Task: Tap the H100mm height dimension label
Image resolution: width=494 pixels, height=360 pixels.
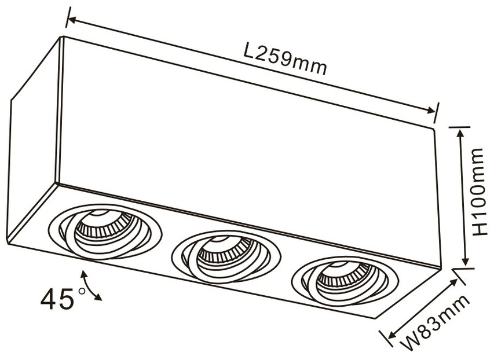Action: (x=478, y=192)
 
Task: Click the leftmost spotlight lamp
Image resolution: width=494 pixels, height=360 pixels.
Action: (x=105, y=232)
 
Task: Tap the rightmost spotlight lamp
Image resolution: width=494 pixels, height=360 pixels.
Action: (x=346, y=282)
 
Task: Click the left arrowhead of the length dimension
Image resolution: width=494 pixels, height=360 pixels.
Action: (x=72, y=21)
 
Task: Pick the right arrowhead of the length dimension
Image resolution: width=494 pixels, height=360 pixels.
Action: (x=430, y=110)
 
